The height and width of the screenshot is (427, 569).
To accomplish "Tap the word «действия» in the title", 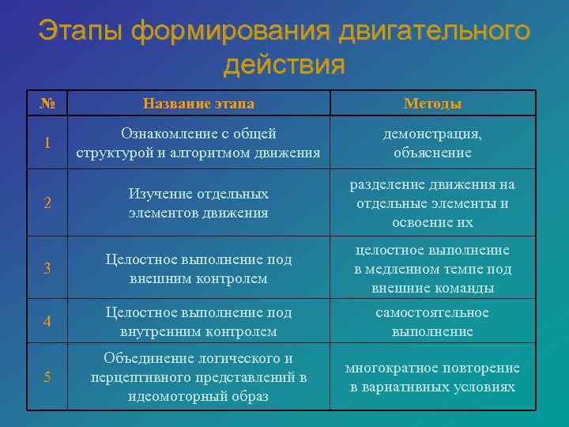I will [x=284, y=65].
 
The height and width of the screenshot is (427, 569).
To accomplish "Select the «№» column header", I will [x=47, y=104].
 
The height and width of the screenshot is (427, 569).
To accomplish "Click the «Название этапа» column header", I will [x=198, y=104].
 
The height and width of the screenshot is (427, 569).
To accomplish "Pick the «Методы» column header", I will [x=432, y=104].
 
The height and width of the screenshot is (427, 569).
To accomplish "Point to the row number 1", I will [x=47, y=143].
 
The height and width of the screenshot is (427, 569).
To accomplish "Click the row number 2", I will [x=47, y=202].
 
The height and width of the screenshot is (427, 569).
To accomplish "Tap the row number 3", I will [x=47, y=268].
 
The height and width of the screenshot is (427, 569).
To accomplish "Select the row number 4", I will [x=47, y=322].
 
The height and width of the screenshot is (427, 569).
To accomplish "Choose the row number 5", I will [x=47, y=376].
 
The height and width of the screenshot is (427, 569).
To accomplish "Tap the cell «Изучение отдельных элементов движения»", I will [x=198, y=203].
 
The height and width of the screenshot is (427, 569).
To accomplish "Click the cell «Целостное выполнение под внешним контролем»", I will [x=198, y=269].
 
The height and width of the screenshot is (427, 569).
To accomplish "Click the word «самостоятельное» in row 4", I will [x=432, y=312].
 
